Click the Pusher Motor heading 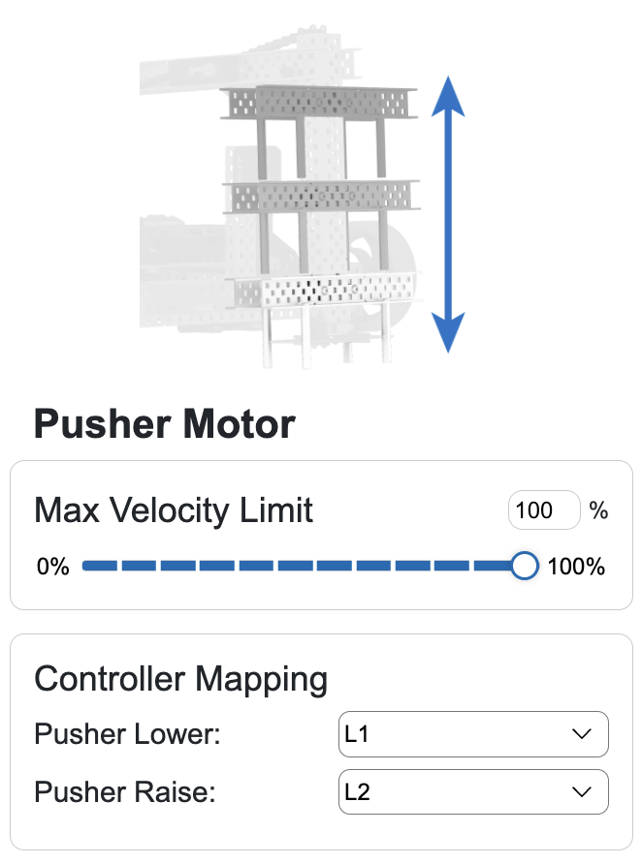tap(165, 424)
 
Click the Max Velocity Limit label tap(174, 509)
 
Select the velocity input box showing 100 tap(543, 510)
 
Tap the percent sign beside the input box tap(598, 510)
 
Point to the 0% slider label tap(53, 567)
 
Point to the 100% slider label tap(576, 567)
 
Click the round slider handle tap(524, 566)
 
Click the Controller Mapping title tap(181, 679)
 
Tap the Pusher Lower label tap(128, 734)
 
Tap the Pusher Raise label tap(124, 792)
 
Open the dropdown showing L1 tap(472, 734)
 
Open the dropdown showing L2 tap(472, 792)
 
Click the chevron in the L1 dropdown tap(582, 734)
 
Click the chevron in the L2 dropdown tap(582, 792)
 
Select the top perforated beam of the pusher tap(320, 103)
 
